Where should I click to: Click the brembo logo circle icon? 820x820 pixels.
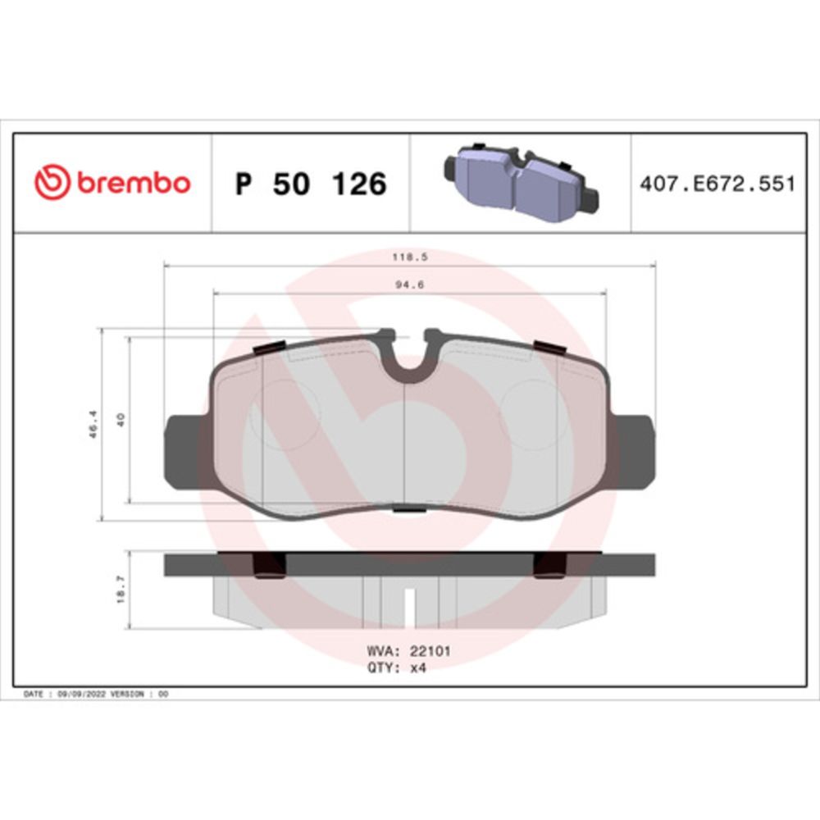[52, 182]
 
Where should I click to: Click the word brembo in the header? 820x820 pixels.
[133, 183]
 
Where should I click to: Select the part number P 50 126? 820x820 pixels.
[310, 184]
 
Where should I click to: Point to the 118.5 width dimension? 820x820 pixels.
[411, 256]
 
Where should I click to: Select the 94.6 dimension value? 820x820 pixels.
[411, 285]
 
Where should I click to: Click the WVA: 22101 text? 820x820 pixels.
[408, 651]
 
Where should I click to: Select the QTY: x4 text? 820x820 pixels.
[396, 667]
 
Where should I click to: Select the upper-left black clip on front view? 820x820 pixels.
[269, 347]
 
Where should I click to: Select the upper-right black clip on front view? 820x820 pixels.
[549, 346]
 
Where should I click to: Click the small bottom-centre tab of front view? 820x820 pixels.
[405, 510]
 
